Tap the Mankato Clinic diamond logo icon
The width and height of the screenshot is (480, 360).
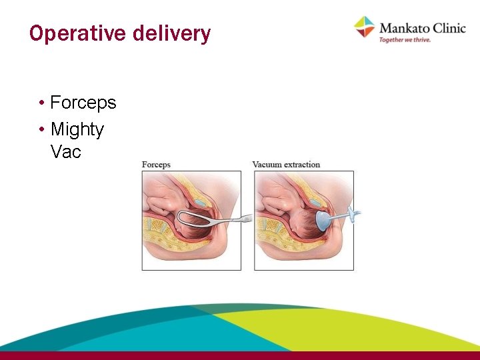[365, 27]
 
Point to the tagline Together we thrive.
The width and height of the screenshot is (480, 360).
[405, 40]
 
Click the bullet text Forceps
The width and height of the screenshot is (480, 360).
[83, 103]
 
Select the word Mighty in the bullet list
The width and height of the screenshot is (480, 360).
[77, 129]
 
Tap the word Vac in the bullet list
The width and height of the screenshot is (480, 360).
[65, 151]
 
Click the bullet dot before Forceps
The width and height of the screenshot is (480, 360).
[41, 103]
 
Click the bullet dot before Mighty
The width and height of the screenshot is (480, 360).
[41, 129]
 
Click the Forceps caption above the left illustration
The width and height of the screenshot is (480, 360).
[156, 165]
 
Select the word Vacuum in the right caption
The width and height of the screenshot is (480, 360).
[267, 165]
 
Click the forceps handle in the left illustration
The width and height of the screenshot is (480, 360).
[233, 218]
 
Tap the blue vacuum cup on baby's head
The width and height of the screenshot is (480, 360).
[321, 221]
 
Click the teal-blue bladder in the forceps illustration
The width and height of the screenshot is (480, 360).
[200, 200]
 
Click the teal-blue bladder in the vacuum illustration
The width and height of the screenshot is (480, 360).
[313, 200]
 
